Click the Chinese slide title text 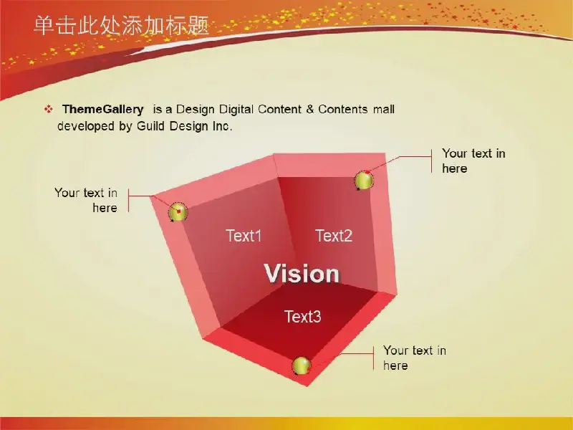[x=121, y=26]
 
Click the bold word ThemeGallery [x=102, y=109]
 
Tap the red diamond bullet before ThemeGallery [x=48, y=109]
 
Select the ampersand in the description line [x=310, y=109]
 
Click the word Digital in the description [x=236, y=110]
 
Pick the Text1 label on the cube [x=244, y=236]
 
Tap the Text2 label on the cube [x=334, y=236]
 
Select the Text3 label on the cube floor [x=302, y=316]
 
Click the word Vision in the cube [x=302, y=273]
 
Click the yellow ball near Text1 [x=178, y=212]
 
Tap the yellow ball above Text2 [x=364, y=181]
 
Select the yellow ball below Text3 [x=301, y=365]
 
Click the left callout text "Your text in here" [x=86, y=200]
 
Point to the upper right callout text [x=473, y=161]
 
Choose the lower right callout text [x=415, y=358]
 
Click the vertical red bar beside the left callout [x=129, y=201]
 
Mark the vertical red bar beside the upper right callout [x=432, y=161]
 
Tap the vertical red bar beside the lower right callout [x=373, y=358]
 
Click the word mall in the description [x=384, y=109]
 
